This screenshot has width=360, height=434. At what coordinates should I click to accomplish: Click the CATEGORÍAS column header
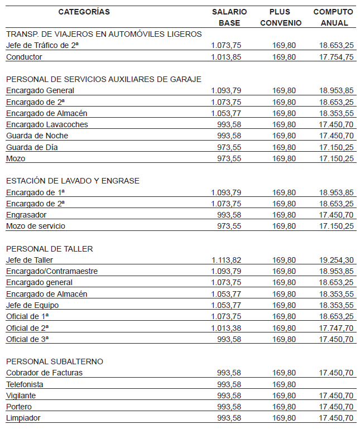(x=84, y=12)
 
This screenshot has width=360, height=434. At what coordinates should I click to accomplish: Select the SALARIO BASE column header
(x=229, y=17)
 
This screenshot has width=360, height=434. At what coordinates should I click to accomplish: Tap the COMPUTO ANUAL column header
(x=333, y=17)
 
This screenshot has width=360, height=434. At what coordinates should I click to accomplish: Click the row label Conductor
(x=24, y=57)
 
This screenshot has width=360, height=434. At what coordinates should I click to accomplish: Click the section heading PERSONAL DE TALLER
(x=50, y=249)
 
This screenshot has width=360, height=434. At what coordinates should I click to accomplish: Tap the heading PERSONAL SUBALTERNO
(x=55, y=361)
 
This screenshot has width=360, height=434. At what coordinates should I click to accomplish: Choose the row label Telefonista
(x=25, y=384)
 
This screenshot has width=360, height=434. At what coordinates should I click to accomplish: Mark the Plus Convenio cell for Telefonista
(x=284, y=384)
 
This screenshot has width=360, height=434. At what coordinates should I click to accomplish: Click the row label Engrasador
(x=26, y=215)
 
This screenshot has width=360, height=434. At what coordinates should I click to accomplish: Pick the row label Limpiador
(x=23, y=418)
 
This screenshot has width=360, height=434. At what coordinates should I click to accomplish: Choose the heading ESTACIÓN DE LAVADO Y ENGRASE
(x=73, y=181)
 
